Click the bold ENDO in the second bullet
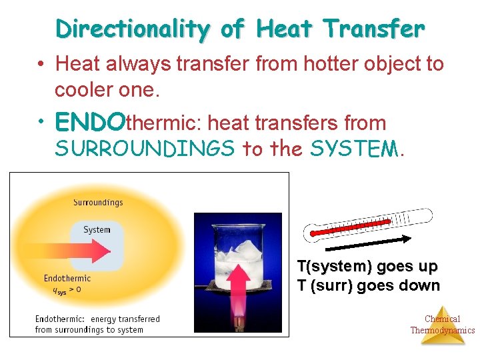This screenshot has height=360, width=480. [90, 123]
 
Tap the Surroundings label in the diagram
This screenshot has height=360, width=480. [98, 202]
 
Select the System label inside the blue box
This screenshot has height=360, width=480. [97, 230]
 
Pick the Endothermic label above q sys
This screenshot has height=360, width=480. [67, 278]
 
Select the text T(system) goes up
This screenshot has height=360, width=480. [367, 267]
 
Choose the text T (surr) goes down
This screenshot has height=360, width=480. [368, 285]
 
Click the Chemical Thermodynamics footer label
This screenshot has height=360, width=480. [442, 325]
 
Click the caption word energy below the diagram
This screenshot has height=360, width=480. [107, 319]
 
